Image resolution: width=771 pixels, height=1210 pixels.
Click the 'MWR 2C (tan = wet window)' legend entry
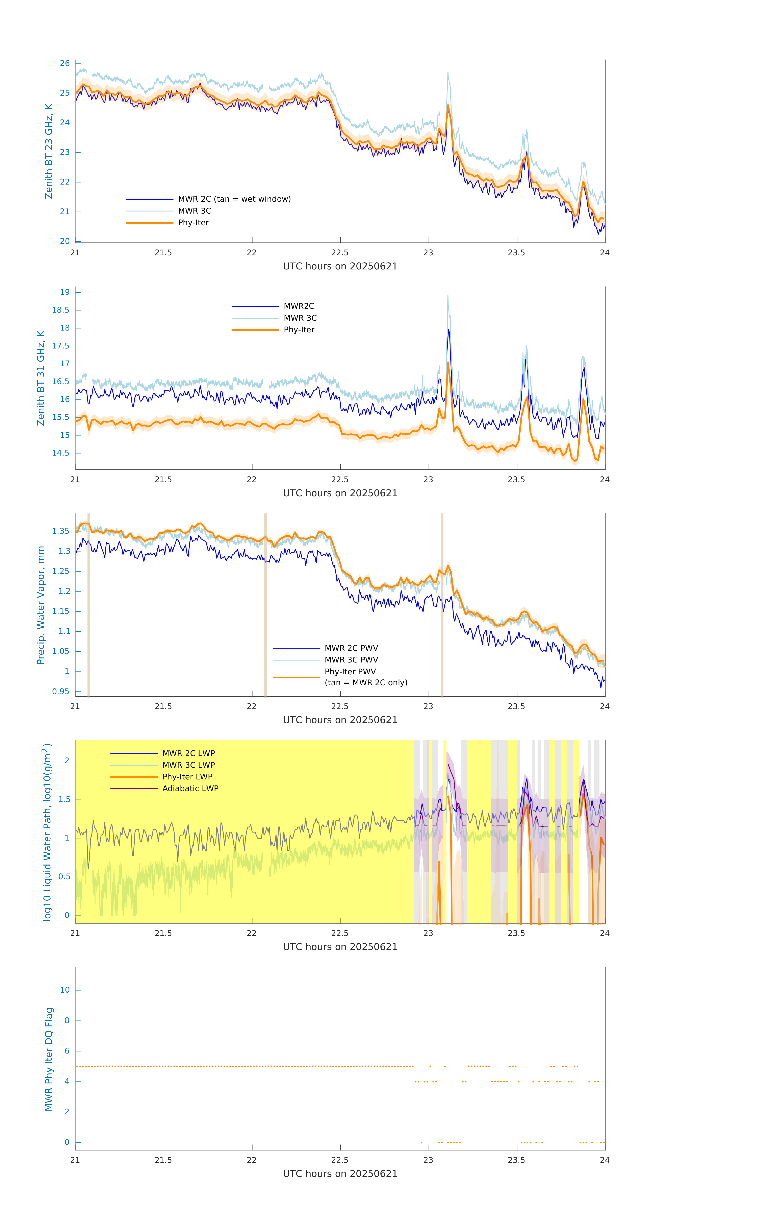(x=234, y=199)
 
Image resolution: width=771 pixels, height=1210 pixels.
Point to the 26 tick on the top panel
(x=65, y=63)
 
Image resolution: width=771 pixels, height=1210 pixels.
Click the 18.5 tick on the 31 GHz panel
(x=61, y=310)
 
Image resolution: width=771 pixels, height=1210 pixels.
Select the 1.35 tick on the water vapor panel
(x=61, y=531)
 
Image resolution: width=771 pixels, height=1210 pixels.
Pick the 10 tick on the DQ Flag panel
(x=65, y=990)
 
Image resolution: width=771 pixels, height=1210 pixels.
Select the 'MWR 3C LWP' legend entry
(x=188, y=765)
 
